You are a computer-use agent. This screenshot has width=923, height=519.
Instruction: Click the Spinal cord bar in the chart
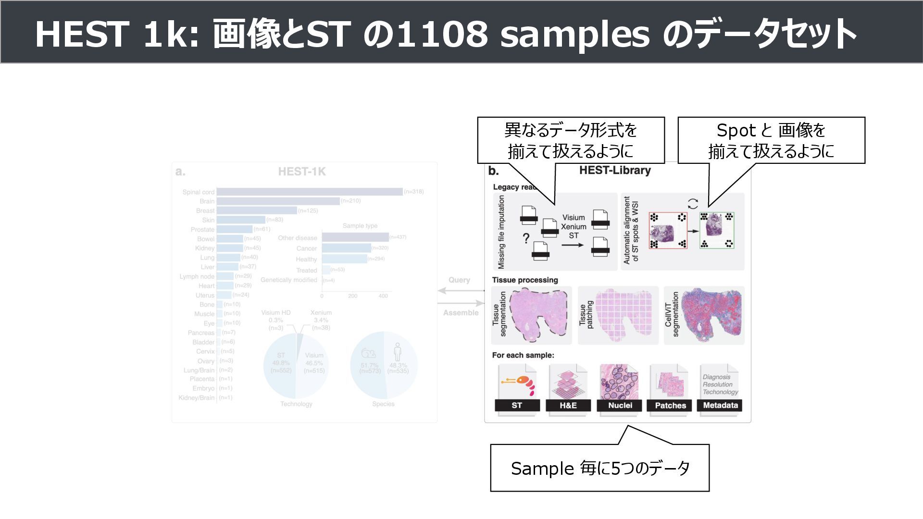coord(310,192)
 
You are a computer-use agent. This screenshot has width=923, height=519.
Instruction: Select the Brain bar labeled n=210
coord(278,201)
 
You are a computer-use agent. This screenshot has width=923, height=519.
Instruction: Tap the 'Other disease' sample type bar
coord(355,237)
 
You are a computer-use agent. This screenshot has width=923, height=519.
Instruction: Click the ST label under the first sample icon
coord(517,406)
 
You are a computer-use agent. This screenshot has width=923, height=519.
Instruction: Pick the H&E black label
coord(568,406)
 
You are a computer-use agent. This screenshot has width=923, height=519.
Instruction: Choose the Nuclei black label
coord(620,406)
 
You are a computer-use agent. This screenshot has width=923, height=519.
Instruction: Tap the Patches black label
coord(670,406)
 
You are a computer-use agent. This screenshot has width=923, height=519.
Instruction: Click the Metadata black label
coord(720,406)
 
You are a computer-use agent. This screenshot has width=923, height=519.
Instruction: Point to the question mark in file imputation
coord(526,238)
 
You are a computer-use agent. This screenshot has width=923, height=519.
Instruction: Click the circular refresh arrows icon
coord(693,204)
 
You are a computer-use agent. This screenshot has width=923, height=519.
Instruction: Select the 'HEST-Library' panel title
coord(615,171)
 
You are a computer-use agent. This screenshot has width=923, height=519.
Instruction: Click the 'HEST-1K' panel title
coord(302,172)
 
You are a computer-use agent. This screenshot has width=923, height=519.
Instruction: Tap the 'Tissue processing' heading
coord(525,280)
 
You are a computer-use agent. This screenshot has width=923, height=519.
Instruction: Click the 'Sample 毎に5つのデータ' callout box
coord(599,468)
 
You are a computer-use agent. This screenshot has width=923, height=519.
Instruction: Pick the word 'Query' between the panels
coord(459,280)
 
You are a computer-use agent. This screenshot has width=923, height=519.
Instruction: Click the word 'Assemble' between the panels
coord(461,313)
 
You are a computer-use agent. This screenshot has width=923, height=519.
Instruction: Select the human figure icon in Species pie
coord(397,352)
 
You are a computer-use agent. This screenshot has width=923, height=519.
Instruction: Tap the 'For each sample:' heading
coord(523,356)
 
